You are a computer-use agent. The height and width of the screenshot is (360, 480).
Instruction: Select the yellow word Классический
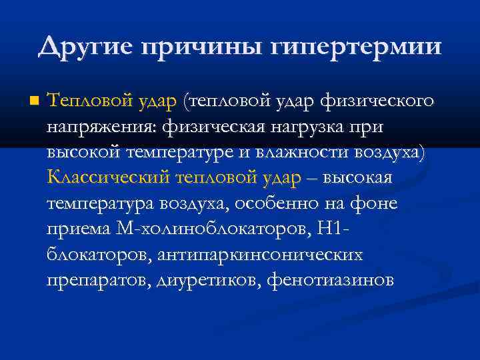point(109,177)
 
